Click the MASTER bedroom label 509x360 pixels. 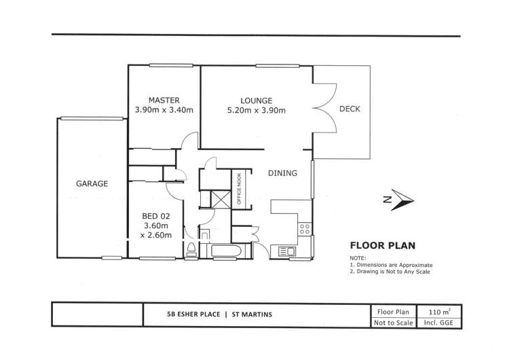click(x=164, y=100)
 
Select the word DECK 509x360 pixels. click(x=350, y=109)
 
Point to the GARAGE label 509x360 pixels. click(x=92, y=183)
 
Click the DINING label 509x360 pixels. click(x=282, y=173)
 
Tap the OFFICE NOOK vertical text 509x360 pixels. click(x=239, y=189)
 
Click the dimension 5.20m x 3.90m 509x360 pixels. click(x=257, y=110)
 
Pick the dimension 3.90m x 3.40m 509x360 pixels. click(x=164, y=110)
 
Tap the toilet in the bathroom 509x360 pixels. click(x=192, y=249)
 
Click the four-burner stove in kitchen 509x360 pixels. click(x=305, y=228)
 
